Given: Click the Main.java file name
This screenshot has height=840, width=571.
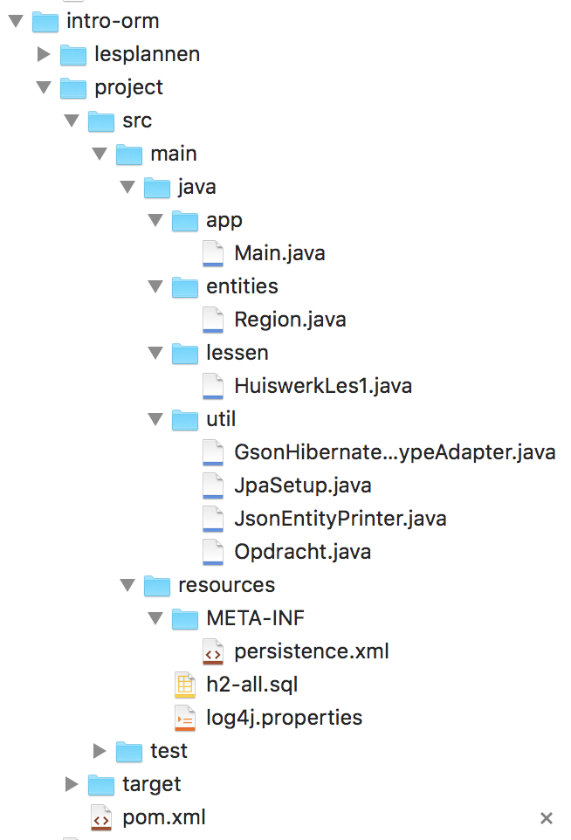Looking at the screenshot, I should point(279,253).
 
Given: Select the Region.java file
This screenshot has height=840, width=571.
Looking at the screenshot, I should point(290,320).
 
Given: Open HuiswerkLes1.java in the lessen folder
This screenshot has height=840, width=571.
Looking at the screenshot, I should point(323,386).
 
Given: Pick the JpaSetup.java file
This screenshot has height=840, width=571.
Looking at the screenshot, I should point(303,485).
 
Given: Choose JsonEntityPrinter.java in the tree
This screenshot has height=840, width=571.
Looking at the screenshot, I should point(341,519).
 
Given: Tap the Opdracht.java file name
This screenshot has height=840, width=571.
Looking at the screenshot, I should point(302,552).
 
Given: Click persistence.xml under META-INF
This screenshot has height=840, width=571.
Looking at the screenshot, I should point(311,651).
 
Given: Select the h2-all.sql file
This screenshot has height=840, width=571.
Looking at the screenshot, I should point(252,685).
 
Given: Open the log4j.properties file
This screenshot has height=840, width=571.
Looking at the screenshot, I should point(284,718).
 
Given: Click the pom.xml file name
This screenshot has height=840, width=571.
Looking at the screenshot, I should point(164,817).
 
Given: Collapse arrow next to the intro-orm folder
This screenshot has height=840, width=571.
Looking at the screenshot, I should point(15,21).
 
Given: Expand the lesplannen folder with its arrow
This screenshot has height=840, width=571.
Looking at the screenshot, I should point(44,54).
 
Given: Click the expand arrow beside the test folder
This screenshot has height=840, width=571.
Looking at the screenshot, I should point(100,751).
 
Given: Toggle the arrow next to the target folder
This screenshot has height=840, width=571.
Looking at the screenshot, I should point(72,784).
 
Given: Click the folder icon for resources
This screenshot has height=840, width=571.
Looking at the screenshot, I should point(157,585).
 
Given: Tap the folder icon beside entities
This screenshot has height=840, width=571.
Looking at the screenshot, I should point(185,286).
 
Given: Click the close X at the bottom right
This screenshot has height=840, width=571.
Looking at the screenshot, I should point(547,818).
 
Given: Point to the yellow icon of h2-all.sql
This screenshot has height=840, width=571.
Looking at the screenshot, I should point(185,685).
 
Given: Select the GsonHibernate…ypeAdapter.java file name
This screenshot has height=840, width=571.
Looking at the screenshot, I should point(395,452).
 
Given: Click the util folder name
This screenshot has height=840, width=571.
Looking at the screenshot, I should point(221,419).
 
